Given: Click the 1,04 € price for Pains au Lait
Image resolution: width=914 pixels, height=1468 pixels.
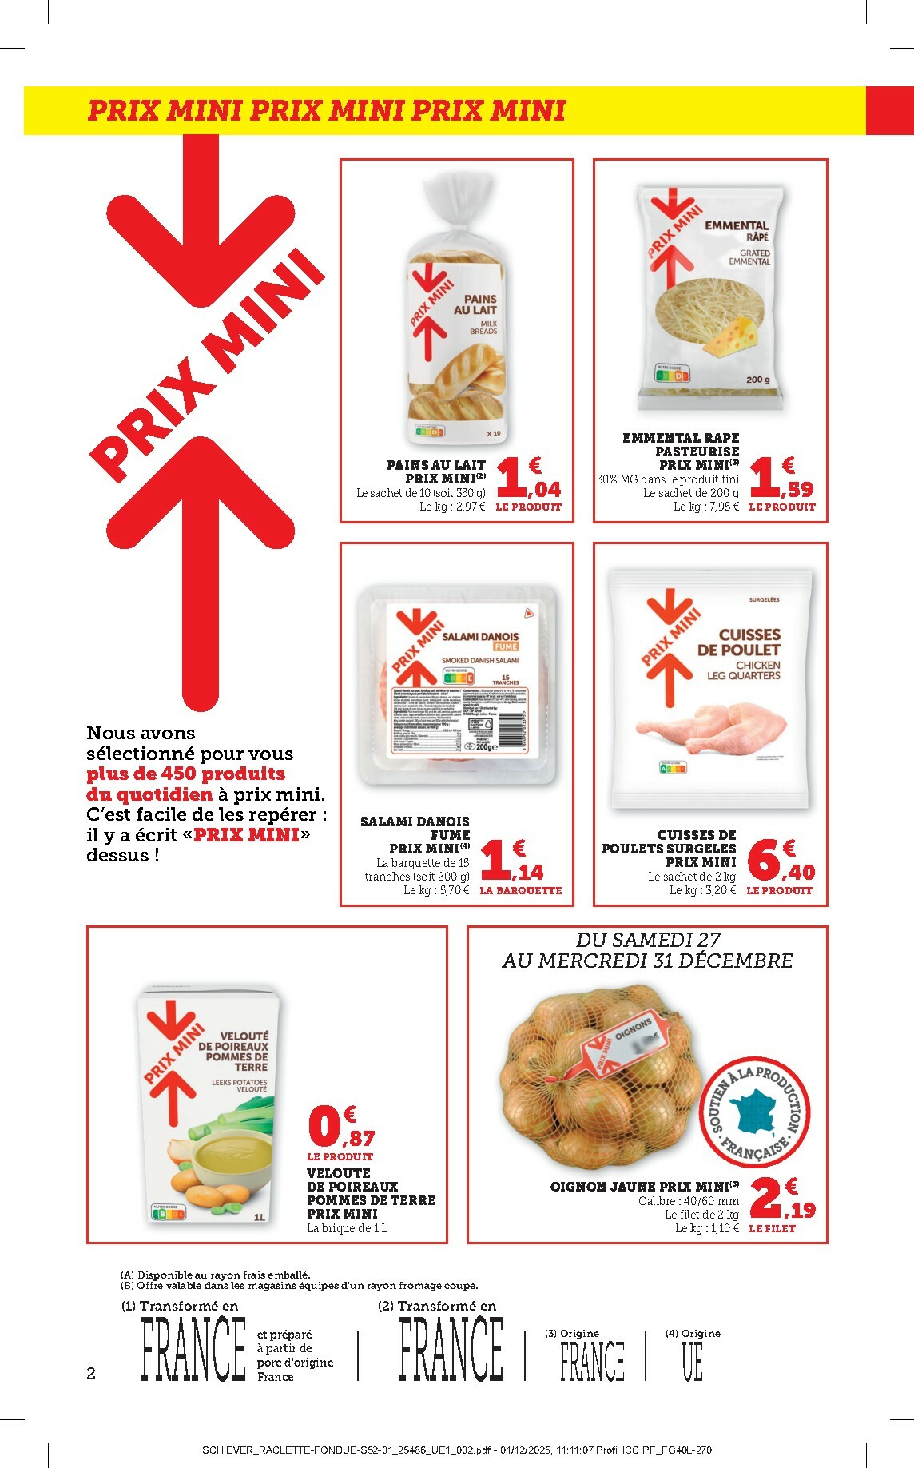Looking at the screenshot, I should tap(528, 480).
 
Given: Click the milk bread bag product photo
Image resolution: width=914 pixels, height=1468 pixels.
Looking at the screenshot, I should tap(457, 312).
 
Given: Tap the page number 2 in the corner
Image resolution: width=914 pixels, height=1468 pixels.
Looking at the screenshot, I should tap(91, 1374).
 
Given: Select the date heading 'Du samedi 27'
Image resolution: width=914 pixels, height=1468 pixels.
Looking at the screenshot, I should tap(648, 940).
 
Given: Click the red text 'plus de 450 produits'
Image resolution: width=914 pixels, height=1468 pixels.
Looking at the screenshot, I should tap(185, 774).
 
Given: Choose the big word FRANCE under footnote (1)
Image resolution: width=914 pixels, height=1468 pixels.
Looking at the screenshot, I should tap(193, 1349).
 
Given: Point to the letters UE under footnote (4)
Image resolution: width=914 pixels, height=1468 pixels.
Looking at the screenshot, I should tap(692, 1363).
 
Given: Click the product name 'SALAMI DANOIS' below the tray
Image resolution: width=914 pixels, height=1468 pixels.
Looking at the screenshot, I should tap(415, 821).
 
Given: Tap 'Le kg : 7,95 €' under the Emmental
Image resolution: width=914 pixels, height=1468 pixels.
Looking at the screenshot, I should tap(705, 507).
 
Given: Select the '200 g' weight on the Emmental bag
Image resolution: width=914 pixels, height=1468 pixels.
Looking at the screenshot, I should tap(758, 380).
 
